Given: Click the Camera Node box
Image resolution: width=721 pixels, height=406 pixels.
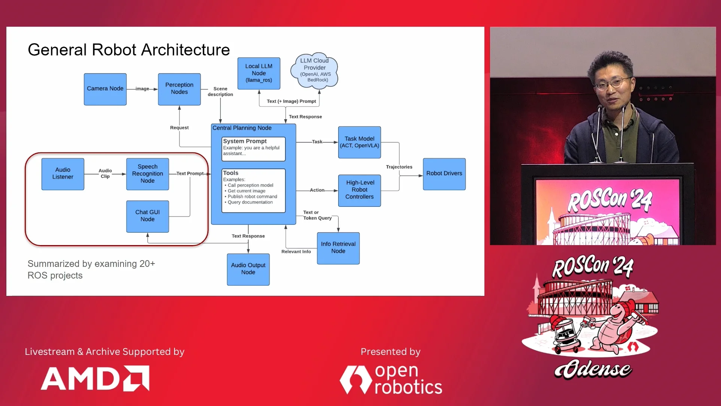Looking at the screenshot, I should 105,89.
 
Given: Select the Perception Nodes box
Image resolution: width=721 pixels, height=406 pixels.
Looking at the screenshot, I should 179,89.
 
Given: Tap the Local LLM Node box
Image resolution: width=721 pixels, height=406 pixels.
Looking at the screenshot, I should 259,73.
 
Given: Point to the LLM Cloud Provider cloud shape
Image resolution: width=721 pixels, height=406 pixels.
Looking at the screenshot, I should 315,70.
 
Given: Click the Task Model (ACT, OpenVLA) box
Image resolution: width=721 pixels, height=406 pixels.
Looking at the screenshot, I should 359,142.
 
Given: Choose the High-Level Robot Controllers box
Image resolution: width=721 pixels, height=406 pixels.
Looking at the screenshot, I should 359,190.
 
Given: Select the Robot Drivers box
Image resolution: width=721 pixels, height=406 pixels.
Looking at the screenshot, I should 444,174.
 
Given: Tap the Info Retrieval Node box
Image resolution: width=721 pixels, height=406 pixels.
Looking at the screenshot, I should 338,248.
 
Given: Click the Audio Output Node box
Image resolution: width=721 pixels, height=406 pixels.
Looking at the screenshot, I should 248,269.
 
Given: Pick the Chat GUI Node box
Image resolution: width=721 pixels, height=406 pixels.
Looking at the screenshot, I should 148,216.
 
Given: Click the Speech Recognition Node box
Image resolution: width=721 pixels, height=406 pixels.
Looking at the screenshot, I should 148,174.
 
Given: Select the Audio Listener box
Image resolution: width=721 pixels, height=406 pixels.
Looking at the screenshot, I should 63,174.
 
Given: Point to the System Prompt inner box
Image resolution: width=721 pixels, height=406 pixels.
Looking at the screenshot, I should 253,149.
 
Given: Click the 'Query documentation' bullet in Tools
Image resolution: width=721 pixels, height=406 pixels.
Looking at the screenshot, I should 250,202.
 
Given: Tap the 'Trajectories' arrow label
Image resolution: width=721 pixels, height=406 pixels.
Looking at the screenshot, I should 399,167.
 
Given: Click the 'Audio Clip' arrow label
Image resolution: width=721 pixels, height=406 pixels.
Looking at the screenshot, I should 105,173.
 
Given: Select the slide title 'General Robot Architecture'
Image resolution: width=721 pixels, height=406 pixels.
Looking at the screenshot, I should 129,50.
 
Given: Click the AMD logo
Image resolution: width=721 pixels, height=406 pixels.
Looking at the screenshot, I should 95,378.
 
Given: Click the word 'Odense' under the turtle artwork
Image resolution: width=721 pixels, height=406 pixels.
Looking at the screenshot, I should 593,369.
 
